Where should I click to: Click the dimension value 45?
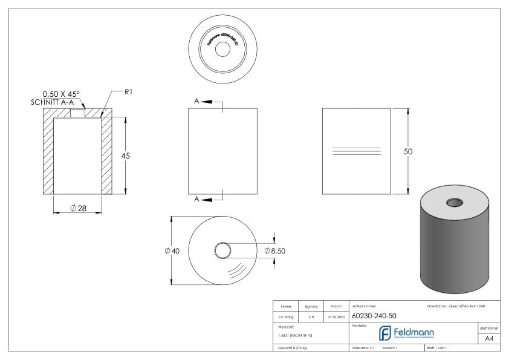[x=126, y=155]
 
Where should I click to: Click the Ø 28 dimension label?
[x=77, y=208]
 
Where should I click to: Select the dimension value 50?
[x=408, y=151]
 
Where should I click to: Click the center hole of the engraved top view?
[x=223, y=50]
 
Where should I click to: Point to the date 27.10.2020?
[x=336, y=315]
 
